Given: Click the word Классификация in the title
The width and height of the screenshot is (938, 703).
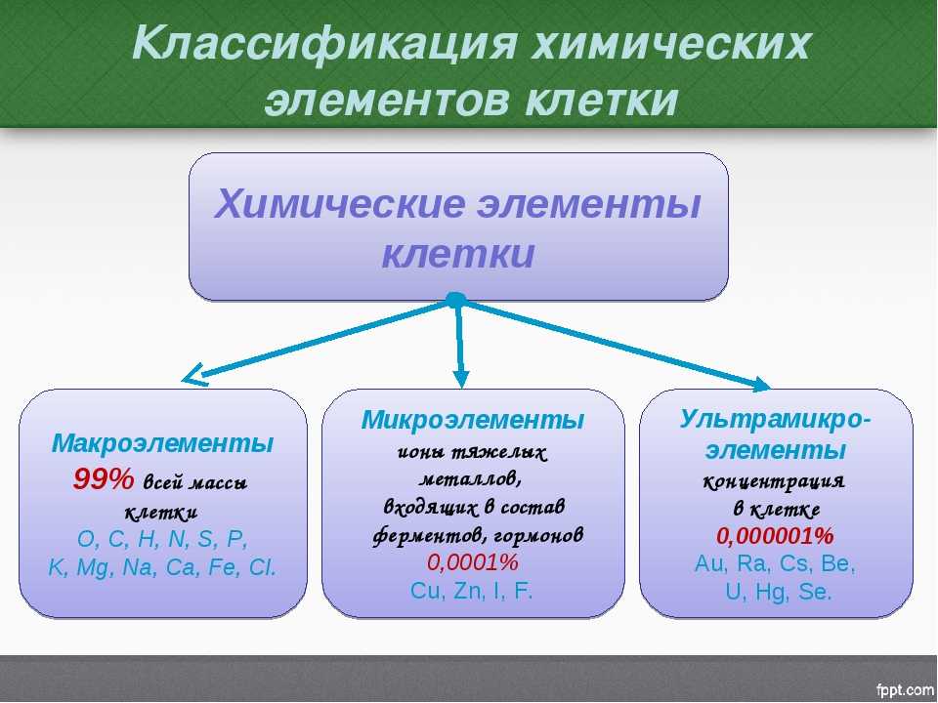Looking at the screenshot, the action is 324,44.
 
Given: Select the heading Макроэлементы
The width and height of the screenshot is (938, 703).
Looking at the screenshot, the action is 163,443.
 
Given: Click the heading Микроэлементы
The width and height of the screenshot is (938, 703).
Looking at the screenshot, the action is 473,420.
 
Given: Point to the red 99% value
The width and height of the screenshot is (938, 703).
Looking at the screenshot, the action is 104,478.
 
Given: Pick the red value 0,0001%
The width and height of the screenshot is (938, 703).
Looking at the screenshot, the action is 473,562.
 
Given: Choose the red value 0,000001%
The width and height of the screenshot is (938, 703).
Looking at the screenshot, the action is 775,536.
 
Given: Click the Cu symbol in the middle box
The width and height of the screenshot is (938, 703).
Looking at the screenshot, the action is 425,591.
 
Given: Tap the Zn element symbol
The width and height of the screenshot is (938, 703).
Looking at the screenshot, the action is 468,591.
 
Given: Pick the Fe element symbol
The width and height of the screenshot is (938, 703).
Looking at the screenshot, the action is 223,566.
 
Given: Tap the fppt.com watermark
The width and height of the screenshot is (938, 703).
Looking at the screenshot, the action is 905,689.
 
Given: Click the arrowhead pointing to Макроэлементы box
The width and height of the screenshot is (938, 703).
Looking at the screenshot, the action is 193,375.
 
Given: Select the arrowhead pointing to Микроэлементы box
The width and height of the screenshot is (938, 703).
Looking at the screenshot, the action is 460,379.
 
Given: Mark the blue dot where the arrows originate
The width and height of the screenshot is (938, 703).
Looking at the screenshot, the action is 455,300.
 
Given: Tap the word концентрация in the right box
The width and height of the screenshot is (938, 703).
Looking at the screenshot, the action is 774,480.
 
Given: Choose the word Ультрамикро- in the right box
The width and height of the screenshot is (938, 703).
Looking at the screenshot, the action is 775,419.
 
